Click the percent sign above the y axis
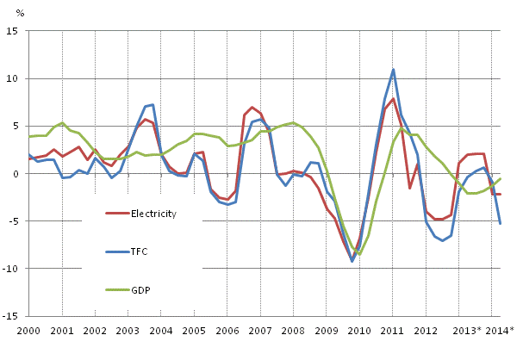(x=21, y=14)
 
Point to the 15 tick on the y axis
(x=14, y=31)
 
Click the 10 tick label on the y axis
(x=14, y=78)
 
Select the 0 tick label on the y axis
(x=16, y=174)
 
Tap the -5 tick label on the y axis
(x=14, y=221)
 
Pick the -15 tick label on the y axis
(x=11, y=316)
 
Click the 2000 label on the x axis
(x=28, y=331)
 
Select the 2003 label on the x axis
(x=128, y=331)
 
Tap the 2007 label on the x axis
(x=260, y=331)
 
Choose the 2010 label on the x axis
(x=359, y=331)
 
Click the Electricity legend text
(x=154, y=214)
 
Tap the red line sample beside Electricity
(x=116, y=214)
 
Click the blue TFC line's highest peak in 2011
(x=393, y=70)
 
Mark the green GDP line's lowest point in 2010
(x=360, y=255)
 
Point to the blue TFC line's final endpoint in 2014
(x=501, y=224)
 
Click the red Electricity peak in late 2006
(x=252, y=108)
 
